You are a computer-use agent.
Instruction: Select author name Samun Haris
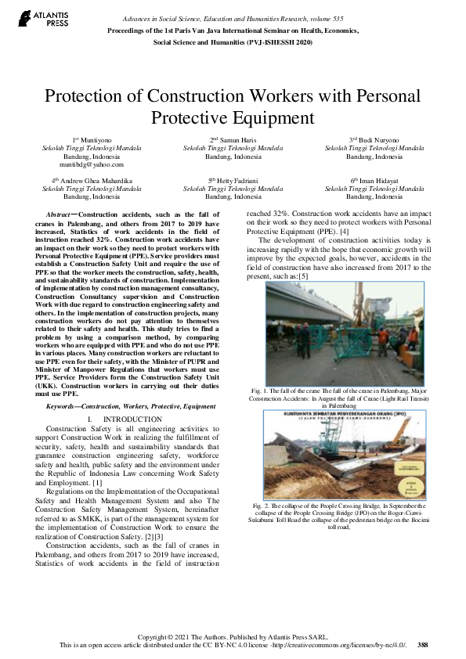pos(233,139)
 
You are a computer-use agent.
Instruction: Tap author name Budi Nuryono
pos(374,139)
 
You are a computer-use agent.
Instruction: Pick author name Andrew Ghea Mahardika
pos(96,180)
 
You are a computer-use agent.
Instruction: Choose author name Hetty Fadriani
pos(233,180)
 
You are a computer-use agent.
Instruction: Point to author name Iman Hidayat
pos(374,180)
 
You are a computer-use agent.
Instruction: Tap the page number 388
pos(423,645)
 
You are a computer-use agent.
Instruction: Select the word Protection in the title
pos(92,97)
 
